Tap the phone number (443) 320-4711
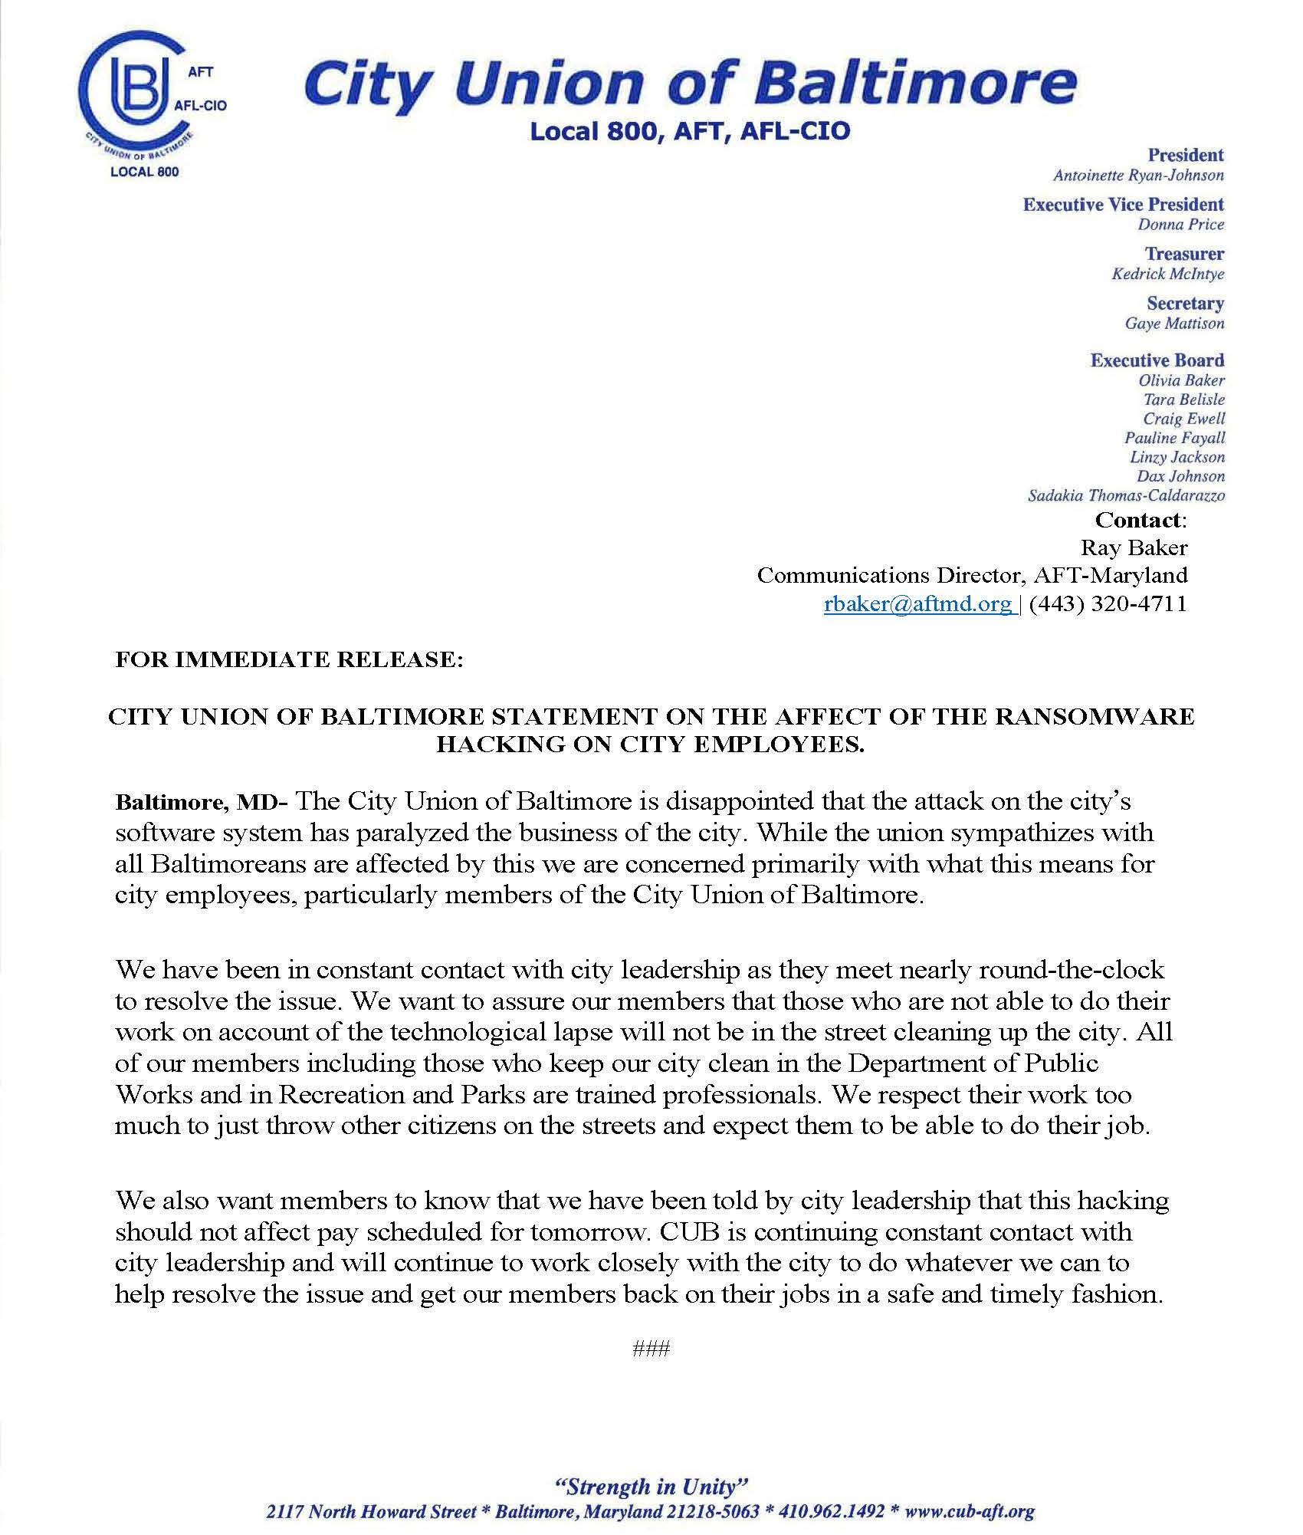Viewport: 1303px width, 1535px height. (x=1108, y=604)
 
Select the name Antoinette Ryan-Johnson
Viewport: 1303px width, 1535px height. (x=1138, y=176)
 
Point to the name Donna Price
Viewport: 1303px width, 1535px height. (x=1180, y=225)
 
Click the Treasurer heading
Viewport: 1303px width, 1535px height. (x=1184, y=254)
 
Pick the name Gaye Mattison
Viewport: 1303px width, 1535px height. (x=1174, y=324)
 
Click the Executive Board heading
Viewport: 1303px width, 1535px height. (x=1157, y=360)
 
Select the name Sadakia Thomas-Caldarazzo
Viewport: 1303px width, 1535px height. (x=1126, y=495)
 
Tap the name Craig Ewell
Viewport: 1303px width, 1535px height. (x=1183, y=419)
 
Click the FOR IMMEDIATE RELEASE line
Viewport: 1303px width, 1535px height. (x=289, y=660)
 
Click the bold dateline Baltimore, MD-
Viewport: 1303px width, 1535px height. (x=201, y=803)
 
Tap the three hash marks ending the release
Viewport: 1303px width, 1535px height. (x=651, y=1349)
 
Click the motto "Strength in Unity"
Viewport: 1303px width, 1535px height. (x=651, y=1487)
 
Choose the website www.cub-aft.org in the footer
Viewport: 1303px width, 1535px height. (x=970, y=1512)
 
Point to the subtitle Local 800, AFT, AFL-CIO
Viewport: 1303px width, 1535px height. (x=690, y=132)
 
